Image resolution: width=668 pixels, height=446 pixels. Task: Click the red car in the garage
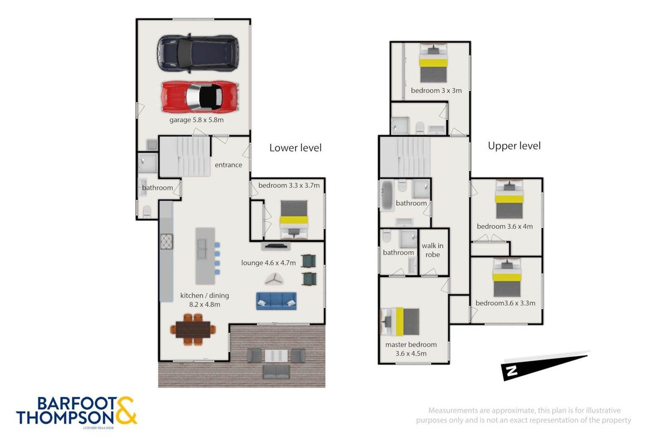click(x=200, y=97)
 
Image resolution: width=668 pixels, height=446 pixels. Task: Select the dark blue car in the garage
click(x=198, y=53)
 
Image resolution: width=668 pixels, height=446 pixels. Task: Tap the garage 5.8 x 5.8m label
click(x=197, y=120)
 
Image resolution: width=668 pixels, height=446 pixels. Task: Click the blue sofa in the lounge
click(x=276, y=300)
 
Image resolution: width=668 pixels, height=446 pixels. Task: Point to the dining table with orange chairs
click(x=193, y=329)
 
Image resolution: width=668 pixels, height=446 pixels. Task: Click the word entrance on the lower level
click(x=228, y=165)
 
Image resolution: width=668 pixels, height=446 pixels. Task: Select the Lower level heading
click(x=295, y=148)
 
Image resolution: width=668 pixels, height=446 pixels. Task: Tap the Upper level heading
click(x=514, y=146)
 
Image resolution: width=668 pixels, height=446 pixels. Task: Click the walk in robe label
click(x=433, y=250)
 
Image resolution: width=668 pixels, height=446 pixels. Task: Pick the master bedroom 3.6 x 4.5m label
click(x=411, y=349)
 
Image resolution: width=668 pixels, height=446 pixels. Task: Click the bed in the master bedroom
click(x=400, y=322)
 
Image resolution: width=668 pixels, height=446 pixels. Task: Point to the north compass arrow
click(x=545, y=366)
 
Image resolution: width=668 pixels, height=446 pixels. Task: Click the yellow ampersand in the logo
click(x=125, y=410)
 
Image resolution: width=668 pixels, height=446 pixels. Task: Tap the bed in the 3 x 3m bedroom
click(x=433, y=63)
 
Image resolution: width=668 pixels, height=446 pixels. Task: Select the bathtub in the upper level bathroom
click(x=387, y=195)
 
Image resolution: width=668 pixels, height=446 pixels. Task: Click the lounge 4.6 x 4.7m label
click(x=268, y=263)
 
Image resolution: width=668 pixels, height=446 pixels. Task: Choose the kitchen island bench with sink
click(x=205, y=256)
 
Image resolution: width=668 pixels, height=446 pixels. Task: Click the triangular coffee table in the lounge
click(x=274, y=279)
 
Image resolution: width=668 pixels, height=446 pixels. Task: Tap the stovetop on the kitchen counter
click(x=166, y=241)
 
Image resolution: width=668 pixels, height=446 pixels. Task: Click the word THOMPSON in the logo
click(x=65, y=418)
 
